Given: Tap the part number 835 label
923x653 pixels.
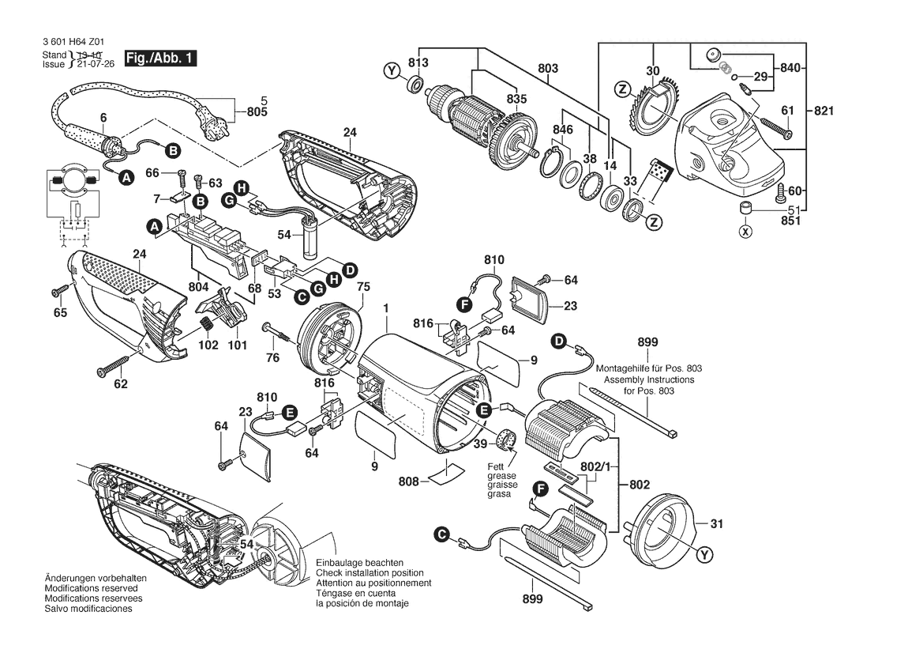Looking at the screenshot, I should (x=516, y=99).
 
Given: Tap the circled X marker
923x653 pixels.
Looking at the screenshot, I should (x=744, y=232).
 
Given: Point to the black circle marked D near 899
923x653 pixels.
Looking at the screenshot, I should (x=559, y=342).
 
